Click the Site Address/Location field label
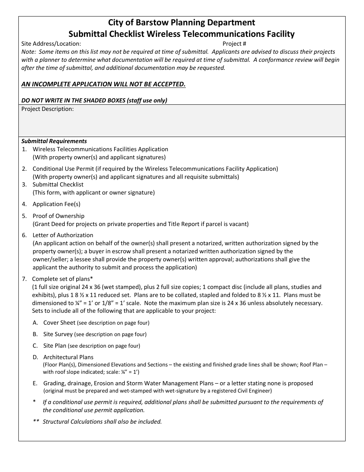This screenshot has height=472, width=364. pyautogui.click(x=51, y=44)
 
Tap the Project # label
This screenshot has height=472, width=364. pyautogui.click(x=234, y=44)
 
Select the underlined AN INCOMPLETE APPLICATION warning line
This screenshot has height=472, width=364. pyautogui.click(x=103, y=84)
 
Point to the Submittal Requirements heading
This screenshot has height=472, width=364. pyautogui.click(x=54, y=141)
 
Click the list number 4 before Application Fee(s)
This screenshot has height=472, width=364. pyautogui.click(x=24, y=204)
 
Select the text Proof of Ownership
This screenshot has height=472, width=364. pyautogui.click(x=58, y=216)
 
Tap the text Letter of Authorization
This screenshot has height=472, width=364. pyautogui.click(x=63, y=235)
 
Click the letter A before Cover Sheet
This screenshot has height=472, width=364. pyautogui.click(x=35, y=323)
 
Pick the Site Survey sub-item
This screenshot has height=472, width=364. pyautogui.click(x=58, y=334)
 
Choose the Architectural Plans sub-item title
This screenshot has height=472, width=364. pyautogui.click(x=68, y=357)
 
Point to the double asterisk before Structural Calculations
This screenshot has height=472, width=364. pyautogui.click(x=36, y=421)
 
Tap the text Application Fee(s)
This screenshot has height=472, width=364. pyautogui.click(x=56, y=204)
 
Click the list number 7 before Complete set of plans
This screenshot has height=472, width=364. pyautogui.click(x=24, y=279)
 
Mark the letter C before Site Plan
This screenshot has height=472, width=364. pyautogui.click(x=35, y=346)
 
